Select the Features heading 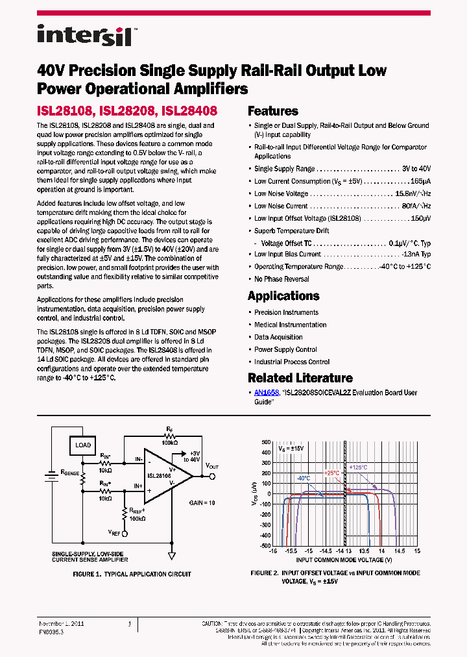click(x=273, y=111)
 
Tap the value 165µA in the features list click(x=420, y=181)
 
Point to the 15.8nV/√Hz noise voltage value click(x=413, y=193)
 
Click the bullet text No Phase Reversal click(x=281, y=279)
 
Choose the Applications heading click(x=283, y=296)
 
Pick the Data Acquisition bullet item click(x=278, y=337)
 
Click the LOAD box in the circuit click(x=83, y=445)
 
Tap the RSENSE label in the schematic click(x=69, y=473)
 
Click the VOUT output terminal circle click(x=212, y=476)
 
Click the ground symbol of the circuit click(x=172, y=556)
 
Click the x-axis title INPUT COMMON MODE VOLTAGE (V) click(x=344, y=559)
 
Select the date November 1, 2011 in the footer click(x=62, y=624)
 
